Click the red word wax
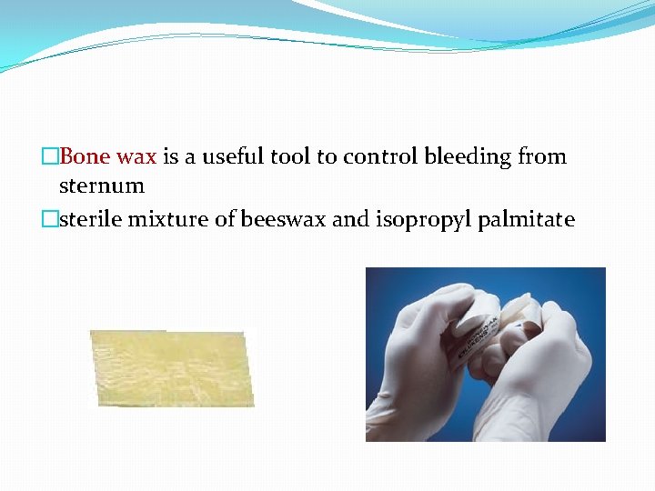pos(136,157)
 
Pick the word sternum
pos(101,186)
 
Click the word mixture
pos(167,219)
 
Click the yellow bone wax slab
pos(172,368)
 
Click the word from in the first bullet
pos(542,157)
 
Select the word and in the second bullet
pos(350,219)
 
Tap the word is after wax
pos(171,157)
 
